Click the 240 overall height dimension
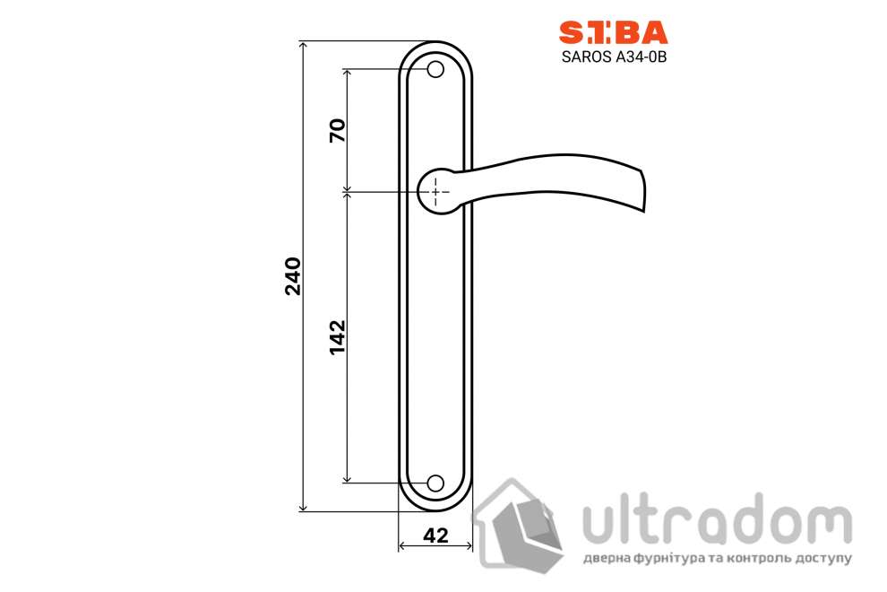tap(293, 276)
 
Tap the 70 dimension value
tap(337, 131)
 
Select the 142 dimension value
tap(337, 336)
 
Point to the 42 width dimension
tap(435, 535)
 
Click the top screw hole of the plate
tap(435, 69)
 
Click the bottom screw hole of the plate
tap(435, 483)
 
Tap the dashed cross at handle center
tap(435, 191)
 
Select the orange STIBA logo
tap(614, 32)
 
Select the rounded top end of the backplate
tap(435, 47)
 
